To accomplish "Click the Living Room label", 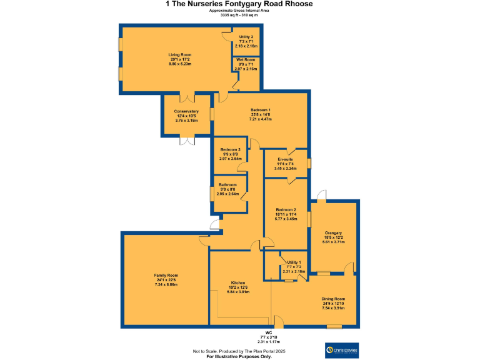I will pyautogui.click(x=179, y=55).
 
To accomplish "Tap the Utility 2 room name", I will pyautogui.click(x=246, y=37).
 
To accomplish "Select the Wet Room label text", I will pyautogui.click(x=246, y=59).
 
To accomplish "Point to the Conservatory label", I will pyautogui.click(x=186, y=111).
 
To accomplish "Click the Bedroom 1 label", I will pyautogui.click(x=260, y=109).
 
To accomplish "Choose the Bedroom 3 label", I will pyautogui.click(x=230, y=150).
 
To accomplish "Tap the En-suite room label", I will pyautogui.click(x=285, y=159).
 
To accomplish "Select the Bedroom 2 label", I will pyautogui.click(x=285, y=210).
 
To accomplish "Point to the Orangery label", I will pyautogui.click(x=333, y=233).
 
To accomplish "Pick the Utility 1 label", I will pyautogui.click(x=294, y=262).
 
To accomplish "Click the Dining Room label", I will pyautogui.click(x=333, y=299).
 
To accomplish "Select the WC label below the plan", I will pyautogui.click(x=268, y=332).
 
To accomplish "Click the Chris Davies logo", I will pyautogui.click(x=342, y=349).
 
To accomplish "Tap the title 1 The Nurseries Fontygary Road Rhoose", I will pyautogui.click(x=239, y=4).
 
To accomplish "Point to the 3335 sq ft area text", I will pyautogui.click(x=239, y=15).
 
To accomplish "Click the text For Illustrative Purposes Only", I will pyautogui.click(x=239, y=356).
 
